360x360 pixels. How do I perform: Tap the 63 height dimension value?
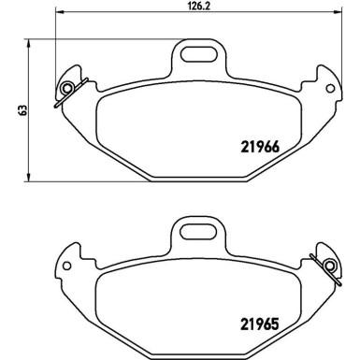[9, 110]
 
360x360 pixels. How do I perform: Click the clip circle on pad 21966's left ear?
[66, 89]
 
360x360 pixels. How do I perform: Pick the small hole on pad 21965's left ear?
[67, 267]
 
